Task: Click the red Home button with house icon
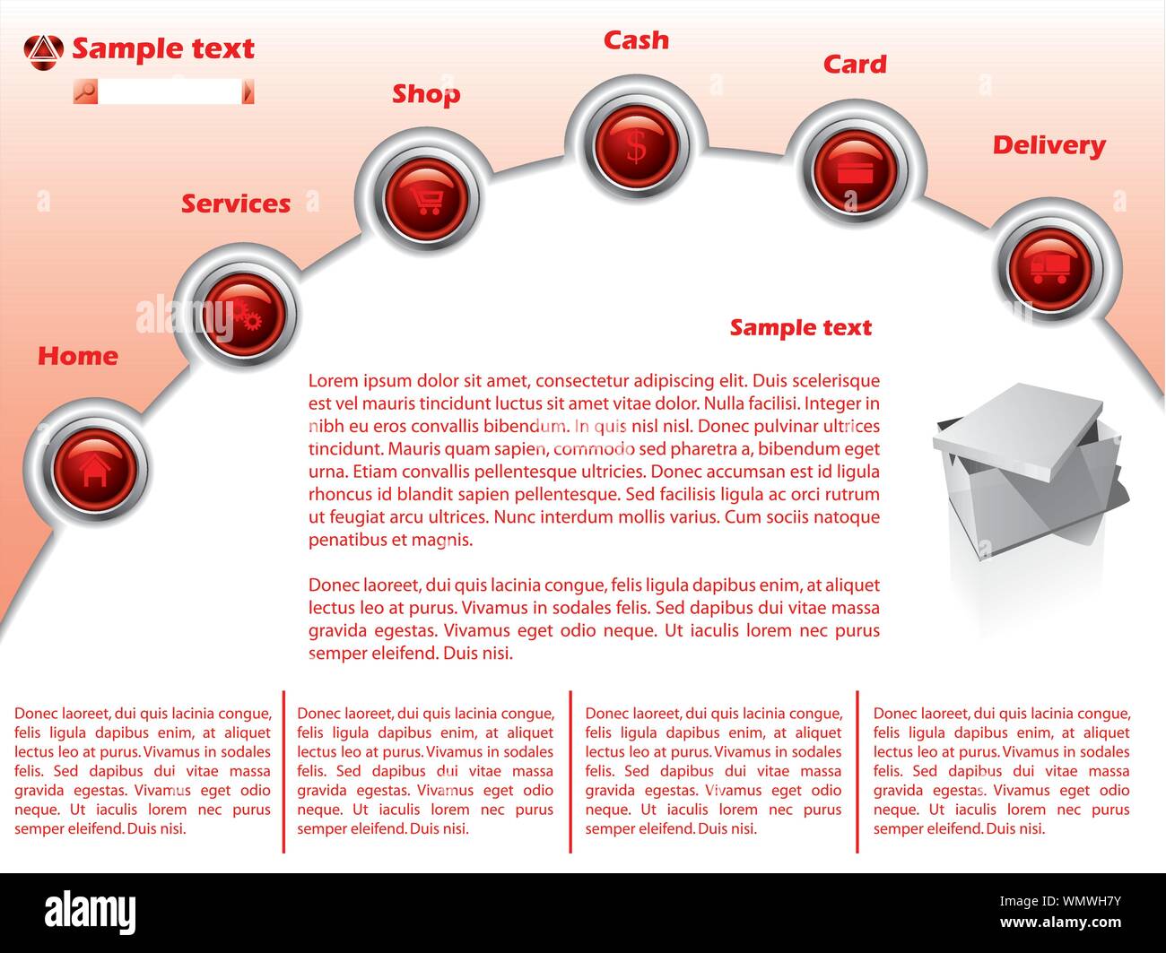[x=95, y=469]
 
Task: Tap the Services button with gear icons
[x=244, y=314]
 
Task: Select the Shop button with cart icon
[x=425, y=198]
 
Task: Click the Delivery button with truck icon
[x=1050, y=269]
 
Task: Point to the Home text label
[x=78, y=356]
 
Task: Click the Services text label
[x=236, y=204]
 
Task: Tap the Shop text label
[x=426, y=94]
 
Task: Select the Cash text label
[x=636, y=40]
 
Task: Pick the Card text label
[x=856, y=65]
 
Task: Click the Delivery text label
[x=1049, y=146]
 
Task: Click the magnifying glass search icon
[x=86, y=91]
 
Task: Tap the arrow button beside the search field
[x=248, y=91]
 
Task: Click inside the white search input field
[x=170, y=91]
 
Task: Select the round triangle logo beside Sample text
[x=43, y=53]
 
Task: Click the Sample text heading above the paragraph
[x=801, y=328]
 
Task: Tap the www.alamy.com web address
[x=1060, y=922]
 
